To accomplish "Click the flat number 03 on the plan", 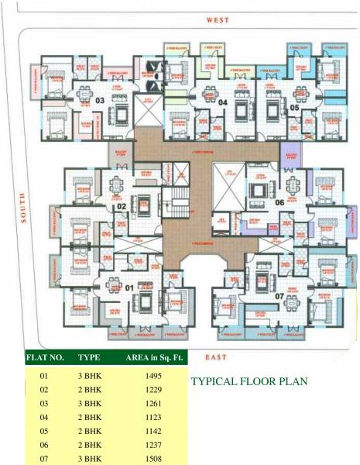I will pyautogui.click(x=100, y=102).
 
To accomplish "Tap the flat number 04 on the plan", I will pyautogui.click(x=222, y=102).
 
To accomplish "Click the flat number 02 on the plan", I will pyautogui.click(x=122, y=207).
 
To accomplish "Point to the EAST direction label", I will pyautogui.click(x=217, y=356).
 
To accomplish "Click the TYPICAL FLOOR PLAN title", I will pyautogui.click(x=249, y=381).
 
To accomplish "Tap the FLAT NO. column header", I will pyautogui.click(x=45, y=359).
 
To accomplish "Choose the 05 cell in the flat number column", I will pyautogui.click(x=43, y=430).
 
